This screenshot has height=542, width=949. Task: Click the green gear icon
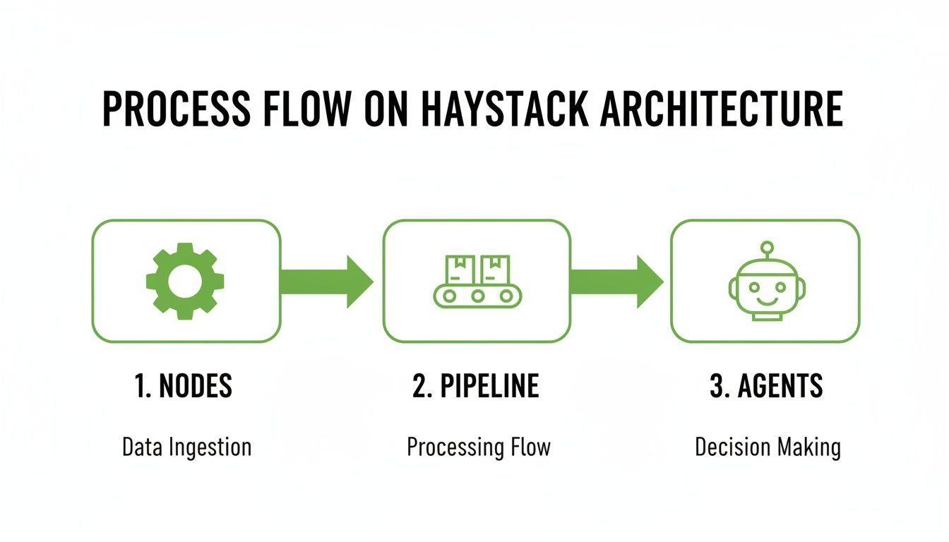click(x=186, y=281)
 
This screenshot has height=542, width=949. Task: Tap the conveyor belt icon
click(x=477, y=282)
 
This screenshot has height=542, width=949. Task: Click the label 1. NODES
click(x=183, y=386)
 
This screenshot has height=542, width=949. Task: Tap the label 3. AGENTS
click(x=766, y=386)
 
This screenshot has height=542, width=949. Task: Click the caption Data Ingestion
click(x=186, y=447)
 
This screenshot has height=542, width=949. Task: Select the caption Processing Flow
click(x=478, y=447)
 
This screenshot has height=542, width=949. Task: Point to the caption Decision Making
click(x=768, y=447)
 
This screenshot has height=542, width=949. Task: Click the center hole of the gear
click(x=186, y=281)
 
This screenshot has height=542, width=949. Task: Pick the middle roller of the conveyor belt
click(x=477, y=296)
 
